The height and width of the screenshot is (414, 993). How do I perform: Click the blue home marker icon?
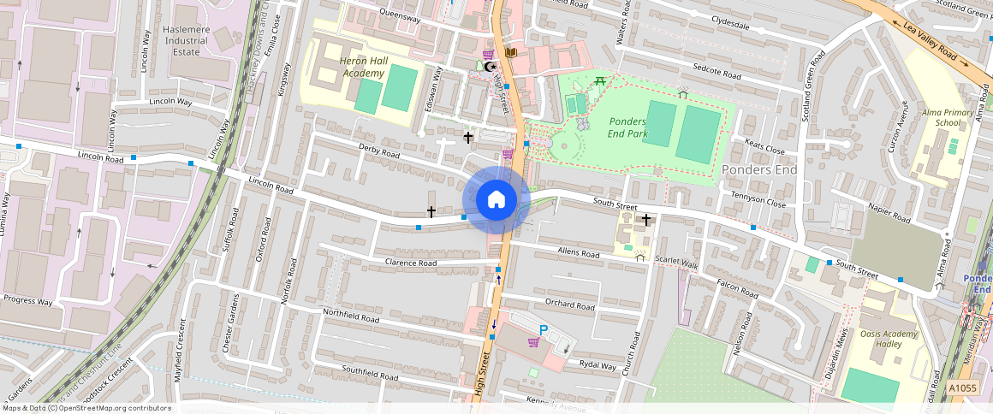pyautogui.click(x=496, y=199)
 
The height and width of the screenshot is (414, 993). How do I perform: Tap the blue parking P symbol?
pyautogui.click(x=543, y=330)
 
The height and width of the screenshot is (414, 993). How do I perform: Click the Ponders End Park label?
pyautogui.click(x=627, y=127)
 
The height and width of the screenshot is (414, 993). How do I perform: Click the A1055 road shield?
pyautogui.click(x=962, y=388)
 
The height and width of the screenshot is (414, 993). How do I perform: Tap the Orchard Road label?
pyautogui.click(x=569, y=305)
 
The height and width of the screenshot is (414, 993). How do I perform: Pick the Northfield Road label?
pyautogui.click(x=351, y=317)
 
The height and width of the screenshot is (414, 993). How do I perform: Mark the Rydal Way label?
pyautogui.click(x=597, y=366)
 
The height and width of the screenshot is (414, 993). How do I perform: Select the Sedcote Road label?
pyautogui.click(x=717, y=74)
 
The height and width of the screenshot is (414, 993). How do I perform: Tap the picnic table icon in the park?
pyautogui.click(x=600, y=81)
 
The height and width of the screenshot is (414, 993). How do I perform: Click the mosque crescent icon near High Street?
pyautogui.click(x=490, y=67)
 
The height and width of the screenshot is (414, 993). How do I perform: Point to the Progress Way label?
pyautogui.click(x=28, y=301)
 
